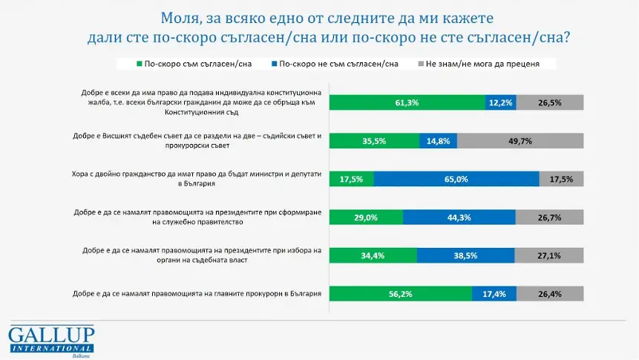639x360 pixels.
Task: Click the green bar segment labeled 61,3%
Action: coord(407,102)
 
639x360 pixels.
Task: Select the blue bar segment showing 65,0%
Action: coord(456,179)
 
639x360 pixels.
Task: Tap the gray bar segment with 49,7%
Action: coord(520,141)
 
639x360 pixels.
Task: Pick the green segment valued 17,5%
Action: coord(351,179)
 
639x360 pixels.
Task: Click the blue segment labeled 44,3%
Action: coord(459,217)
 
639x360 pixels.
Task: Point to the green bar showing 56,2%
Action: coord(400,294)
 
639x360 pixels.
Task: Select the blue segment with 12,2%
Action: coord(500,102)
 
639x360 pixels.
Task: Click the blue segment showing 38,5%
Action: coord(465,255)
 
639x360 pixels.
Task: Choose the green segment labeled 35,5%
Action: coord(373,141)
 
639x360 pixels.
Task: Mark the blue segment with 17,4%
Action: coord(494,294)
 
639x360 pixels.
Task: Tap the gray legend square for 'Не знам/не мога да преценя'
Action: coord(422,64)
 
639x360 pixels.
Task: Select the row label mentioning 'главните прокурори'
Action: coord(197,294)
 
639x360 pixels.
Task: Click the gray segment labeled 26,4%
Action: coord(551,294)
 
